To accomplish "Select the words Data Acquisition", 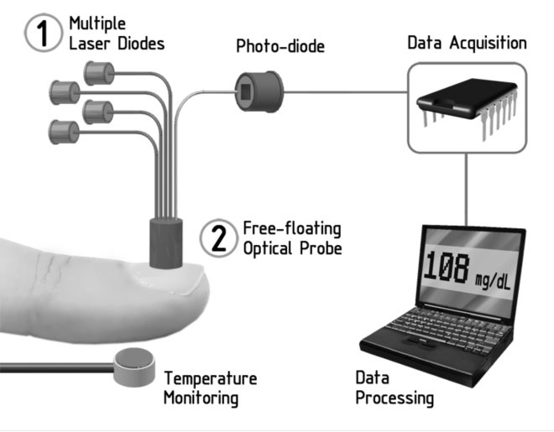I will [467, 42].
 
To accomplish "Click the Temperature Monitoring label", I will [210, 387].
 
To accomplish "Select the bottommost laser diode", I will [64, 130].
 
